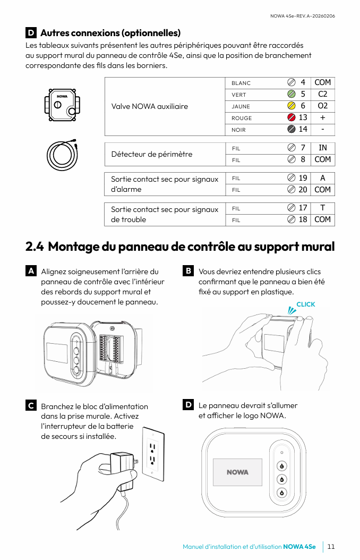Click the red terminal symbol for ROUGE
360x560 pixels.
tap(291, 117)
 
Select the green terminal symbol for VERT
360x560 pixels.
tap(291, 94)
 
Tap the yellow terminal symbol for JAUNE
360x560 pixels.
tap(291, 106)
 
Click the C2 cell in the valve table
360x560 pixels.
tap(322, 94)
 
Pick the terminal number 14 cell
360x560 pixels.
tap(303, 129)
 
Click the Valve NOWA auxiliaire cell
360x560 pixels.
tap(150, 106)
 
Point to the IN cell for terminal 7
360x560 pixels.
tap(322, 148)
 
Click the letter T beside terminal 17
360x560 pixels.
tap(322, 208)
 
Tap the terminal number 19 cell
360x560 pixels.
tap(303, 178)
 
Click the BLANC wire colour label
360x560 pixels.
tap(241, 83)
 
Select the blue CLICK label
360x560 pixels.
tap(306, 304)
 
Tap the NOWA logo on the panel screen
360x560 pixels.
tap(237, 472)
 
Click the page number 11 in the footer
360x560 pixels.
tap(331, 547)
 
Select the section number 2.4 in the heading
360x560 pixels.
tap(35, 247)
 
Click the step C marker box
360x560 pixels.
tap(31, 406)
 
